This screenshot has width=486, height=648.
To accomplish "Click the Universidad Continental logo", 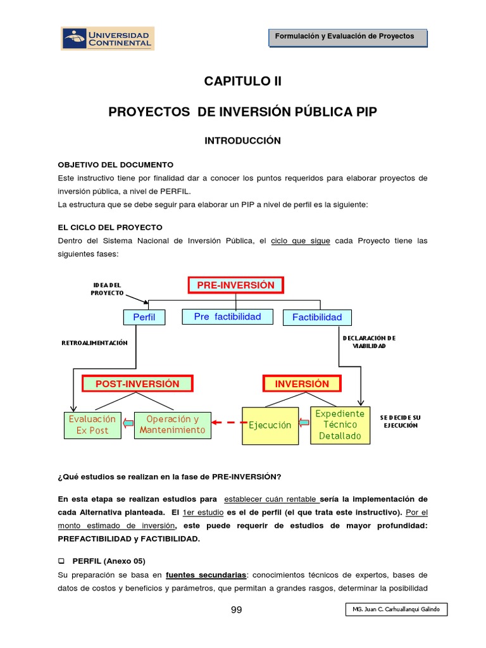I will coord(108,38).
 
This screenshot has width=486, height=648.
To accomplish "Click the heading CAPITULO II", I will coord(242,81).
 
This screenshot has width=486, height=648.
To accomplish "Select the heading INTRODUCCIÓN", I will coord(242,140).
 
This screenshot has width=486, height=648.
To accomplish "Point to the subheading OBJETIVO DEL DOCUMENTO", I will coord(115,165).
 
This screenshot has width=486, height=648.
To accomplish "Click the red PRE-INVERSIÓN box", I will coord(235,285).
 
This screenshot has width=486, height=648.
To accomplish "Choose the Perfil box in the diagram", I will coord(144,317).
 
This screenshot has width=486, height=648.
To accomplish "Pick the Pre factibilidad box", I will coord(227,316).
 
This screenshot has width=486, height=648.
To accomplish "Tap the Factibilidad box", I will coord(316,317).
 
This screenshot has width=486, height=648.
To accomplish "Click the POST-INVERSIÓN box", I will coord(137,383).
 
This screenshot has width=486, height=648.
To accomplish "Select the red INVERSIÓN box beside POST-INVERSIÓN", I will coord(302,383).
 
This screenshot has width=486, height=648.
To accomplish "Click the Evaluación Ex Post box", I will coord(92,425).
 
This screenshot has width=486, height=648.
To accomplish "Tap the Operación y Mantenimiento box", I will coord(172,425).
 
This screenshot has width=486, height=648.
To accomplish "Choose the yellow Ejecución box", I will coord(270,425).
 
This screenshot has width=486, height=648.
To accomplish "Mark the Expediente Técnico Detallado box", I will coord(340,425).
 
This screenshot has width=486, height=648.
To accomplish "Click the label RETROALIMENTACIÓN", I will coord(94,342).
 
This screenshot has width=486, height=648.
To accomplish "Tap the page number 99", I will coord(236,610).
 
